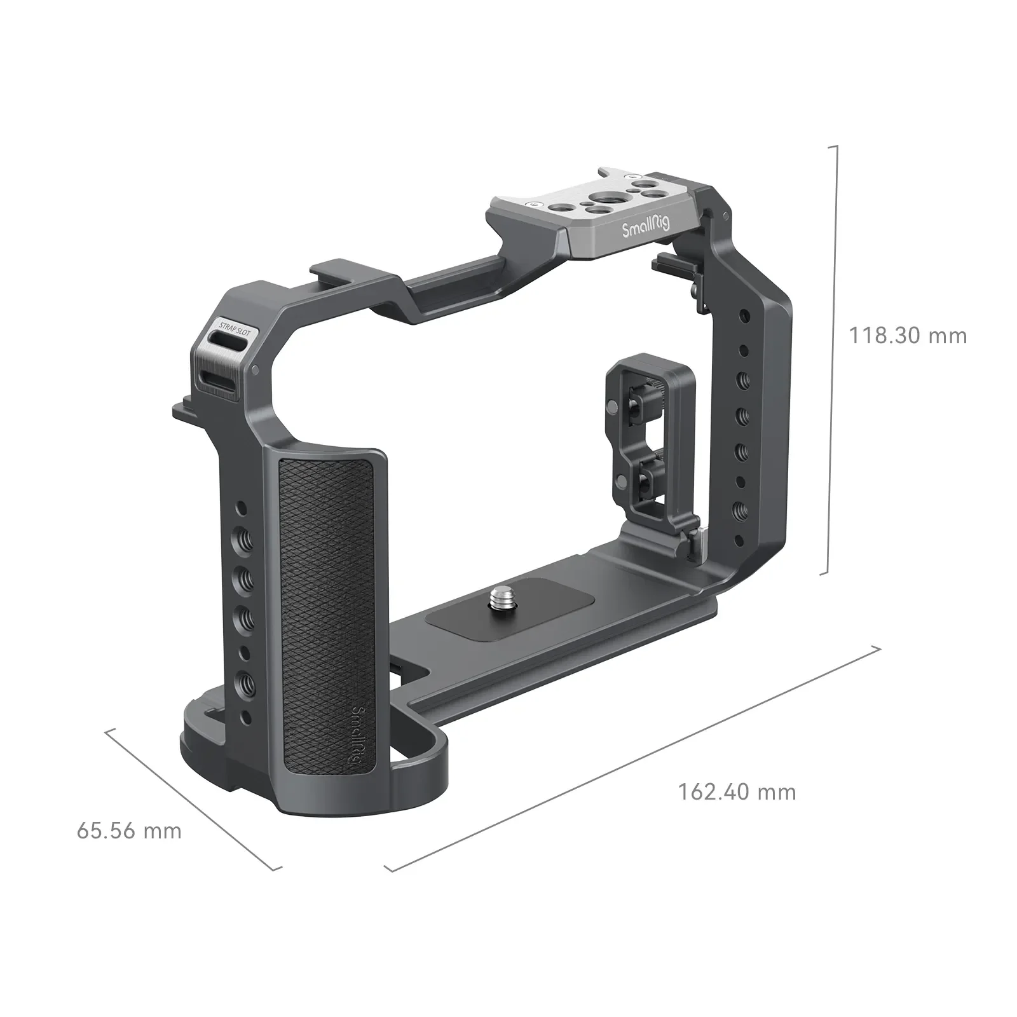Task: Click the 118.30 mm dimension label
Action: pyautogui.click(x=908, y=336)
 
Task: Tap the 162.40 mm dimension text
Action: pyautogui.click(x=737, y=792)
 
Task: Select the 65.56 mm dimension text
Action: pyautogui.click(x=129, y=830)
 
